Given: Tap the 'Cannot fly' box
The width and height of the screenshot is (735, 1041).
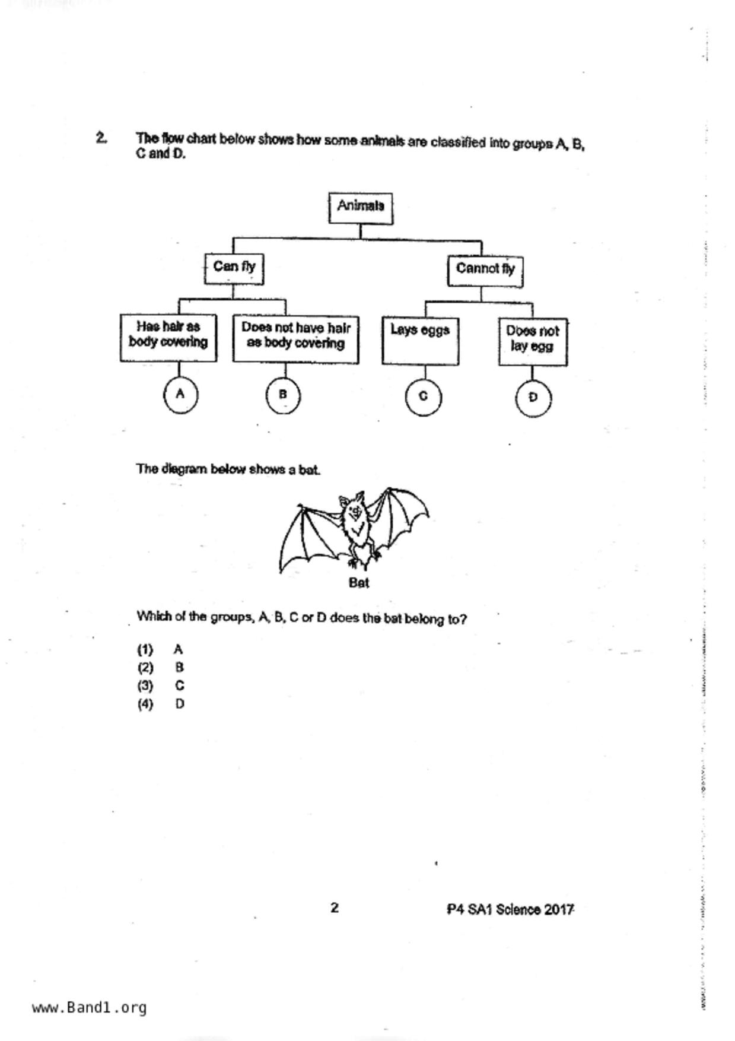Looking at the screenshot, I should [485, 271].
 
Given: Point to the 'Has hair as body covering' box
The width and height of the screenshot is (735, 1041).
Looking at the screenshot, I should [168, 338].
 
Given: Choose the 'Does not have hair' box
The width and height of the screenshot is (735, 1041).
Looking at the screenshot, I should [295, 339].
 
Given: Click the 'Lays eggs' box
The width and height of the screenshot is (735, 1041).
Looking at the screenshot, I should [420, 341].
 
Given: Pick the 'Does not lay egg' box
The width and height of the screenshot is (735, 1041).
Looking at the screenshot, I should [532, 341].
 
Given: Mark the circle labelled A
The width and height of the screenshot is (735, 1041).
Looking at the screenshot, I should [180, 394].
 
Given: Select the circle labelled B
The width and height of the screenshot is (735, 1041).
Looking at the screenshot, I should [283, 395].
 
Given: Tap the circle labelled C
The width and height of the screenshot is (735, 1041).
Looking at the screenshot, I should [423, 396].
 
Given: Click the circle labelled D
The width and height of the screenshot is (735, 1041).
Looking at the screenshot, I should [533, 398].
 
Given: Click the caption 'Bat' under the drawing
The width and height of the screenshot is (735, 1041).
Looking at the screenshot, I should [359, 583].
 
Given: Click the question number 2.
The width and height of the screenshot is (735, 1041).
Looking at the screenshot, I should [101, 138].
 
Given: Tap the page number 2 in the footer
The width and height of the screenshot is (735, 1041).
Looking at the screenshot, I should [335, 907].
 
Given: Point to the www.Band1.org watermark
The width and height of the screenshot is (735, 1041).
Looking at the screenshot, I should [90, 1008].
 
